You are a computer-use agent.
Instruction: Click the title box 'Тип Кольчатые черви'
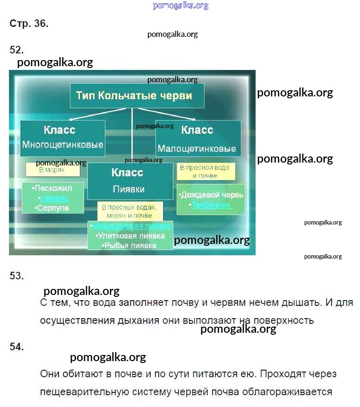click(x=137, y=96)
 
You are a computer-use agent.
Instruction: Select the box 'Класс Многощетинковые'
click(x=62, y=138)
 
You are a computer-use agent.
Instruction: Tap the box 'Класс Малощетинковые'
click(x=198, y=139)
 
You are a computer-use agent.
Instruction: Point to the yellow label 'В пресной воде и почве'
click(x=206, y=171)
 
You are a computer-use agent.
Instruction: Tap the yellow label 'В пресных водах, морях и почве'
click(x=129, y=211)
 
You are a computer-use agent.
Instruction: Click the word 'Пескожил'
click(x=52, y=188)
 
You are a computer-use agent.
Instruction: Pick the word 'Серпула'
click(x=52, y=208)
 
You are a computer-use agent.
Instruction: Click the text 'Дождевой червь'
click(x=211, y=195)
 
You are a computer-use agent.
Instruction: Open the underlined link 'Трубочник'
click(x=211, y=205)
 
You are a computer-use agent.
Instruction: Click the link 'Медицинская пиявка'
click(x=131, y=226)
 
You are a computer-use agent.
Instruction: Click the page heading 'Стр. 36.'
click(x=29, y=24)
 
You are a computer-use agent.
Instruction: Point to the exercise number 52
click(x=17, y=50)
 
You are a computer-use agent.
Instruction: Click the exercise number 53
click(x=17, y=276)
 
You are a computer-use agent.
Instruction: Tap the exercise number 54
click(x=17, y=347)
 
